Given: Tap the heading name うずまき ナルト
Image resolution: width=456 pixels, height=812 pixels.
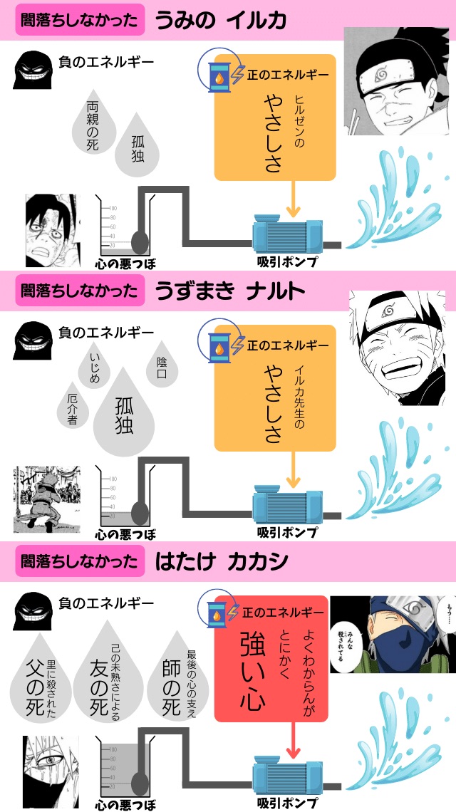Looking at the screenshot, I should [x=229, y=291].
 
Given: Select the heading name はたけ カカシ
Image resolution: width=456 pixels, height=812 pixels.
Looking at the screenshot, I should [x=222, y=561].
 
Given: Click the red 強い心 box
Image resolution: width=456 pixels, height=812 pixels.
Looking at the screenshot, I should [x=271, y=659].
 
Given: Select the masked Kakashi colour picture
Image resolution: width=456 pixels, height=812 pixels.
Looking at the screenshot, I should [x=393, y=634].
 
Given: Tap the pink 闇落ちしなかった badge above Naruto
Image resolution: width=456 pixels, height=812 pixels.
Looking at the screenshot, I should [x=78, y=291].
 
